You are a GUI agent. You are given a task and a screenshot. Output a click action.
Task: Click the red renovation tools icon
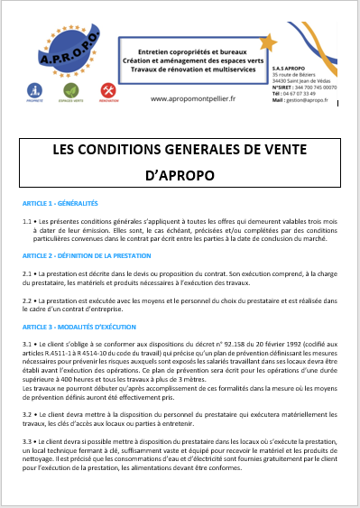(x=107, y=89)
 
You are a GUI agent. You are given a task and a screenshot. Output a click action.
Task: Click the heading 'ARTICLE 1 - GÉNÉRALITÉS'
(x=60, y=204)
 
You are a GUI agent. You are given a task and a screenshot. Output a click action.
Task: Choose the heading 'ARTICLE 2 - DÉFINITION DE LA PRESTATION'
(x=87, y=255)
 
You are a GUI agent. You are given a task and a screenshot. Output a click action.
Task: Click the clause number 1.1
(x=27, y=220)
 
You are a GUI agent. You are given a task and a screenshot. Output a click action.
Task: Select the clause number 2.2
(x=27, y=299)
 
